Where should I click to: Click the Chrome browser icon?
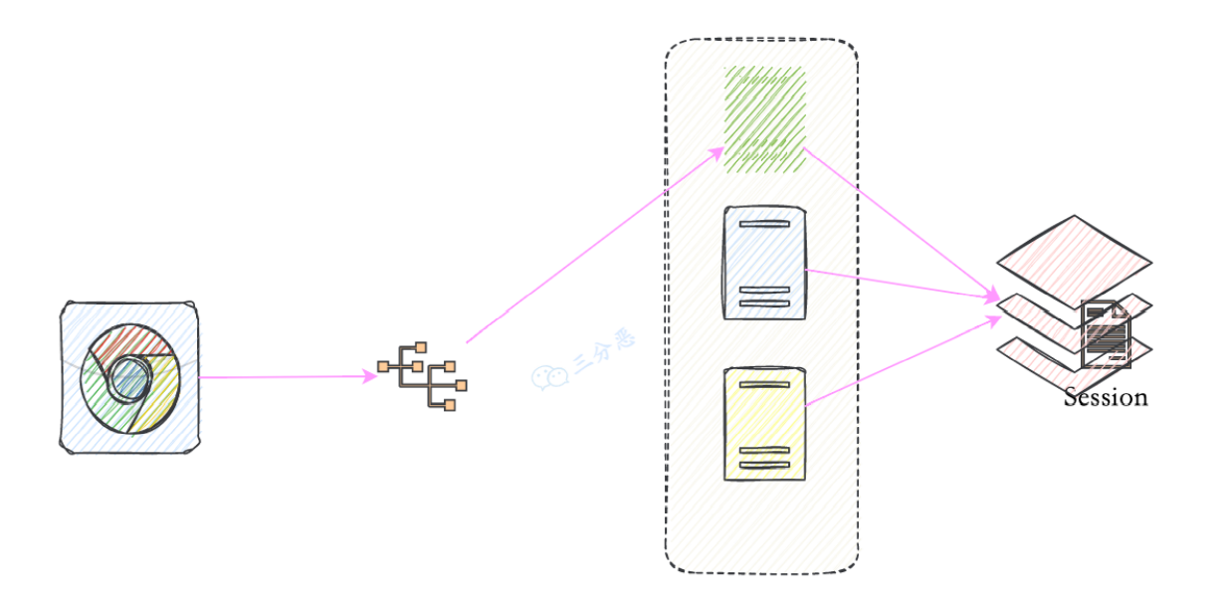coord(129,377)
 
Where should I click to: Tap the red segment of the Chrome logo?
coord(131,341)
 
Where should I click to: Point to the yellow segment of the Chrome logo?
coord(159,391)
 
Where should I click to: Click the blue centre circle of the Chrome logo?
coord(130,378)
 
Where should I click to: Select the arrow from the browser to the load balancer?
coord(289,377)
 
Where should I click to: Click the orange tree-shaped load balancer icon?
coord(422,376)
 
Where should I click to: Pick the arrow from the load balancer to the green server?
coord(595,245)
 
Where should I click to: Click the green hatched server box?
coord(764,119)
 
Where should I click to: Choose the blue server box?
coord(764,263)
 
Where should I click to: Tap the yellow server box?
coord(764,424)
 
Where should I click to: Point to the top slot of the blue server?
coord(764,224)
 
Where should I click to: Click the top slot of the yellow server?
coord(764,385)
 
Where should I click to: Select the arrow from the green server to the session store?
coord(902,224)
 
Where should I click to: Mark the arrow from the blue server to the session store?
coord(904,284)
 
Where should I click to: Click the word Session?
coord(1106,398)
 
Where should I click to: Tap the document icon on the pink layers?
coord(1107,334)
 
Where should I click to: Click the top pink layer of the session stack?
coord(1075,262)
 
